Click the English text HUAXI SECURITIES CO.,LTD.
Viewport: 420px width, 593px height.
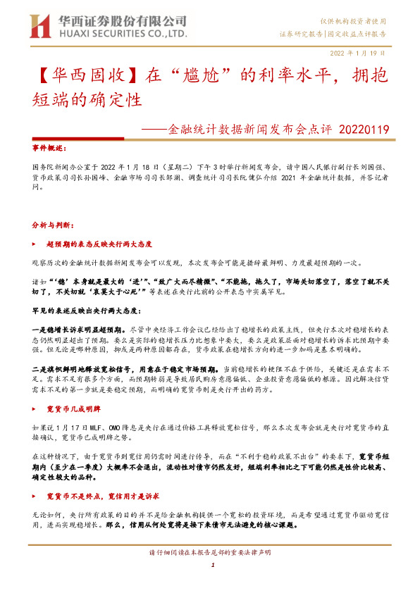pos(121,34)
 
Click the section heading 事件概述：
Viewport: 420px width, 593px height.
pos(51,149)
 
